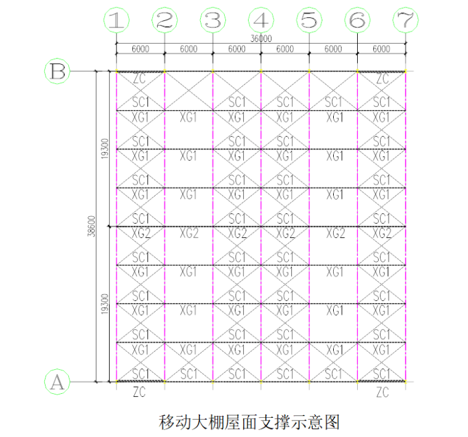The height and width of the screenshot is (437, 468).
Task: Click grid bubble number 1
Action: tap(115, 20)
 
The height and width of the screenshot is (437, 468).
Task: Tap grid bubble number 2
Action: tap(164, 20)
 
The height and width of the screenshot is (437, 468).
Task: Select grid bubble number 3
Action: tap(212, 20)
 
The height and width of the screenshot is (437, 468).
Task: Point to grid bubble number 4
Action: tap(260, 20)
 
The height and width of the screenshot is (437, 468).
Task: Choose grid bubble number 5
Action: tap(309, 20)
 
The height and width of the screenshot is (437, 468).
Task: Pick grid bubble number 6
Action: tap(357, 20)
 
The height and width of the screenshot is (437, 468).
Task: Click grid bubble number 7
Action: tap(405, 20)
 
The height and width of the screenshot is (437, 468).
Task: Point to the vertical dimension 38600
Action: tap(92, 226)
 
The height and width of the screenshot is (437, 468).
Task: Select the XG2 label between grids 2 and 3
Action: tap(188, 233)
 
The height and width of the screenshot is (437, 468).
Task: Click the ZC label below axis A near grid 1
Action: tap(140, 392)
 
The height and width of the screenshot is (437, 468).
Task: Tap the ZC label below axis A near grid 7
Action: tap(382, 392)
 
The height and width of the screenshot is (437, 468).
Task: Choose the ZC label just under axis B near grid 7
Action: tap(382, 79)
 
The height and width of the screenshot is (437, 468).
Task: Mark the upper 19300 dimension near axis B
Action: tap(104, 149)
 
